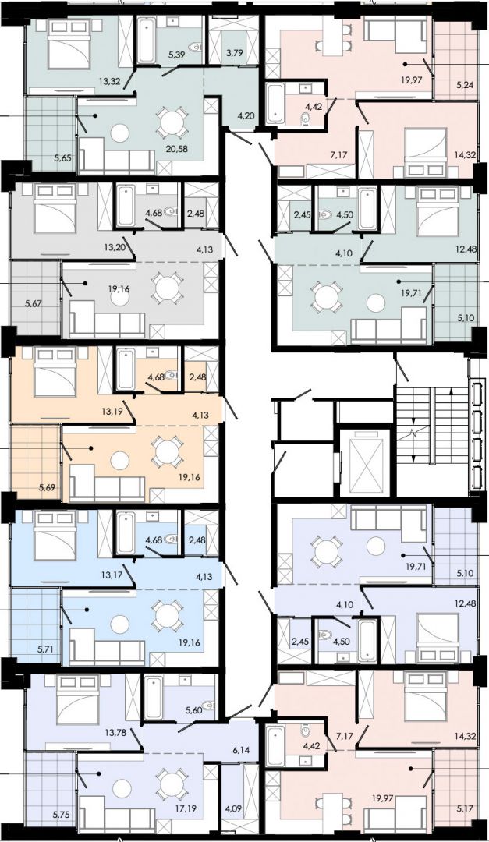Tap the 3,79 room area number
[234, 53]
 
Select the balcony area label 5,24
[465, 83]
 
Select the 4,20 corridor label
[245, 115]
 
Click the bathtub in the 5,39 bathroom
[146, 41]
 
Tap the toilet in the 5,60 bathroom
[208, 705]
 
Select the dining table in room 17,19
[172, 784]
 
